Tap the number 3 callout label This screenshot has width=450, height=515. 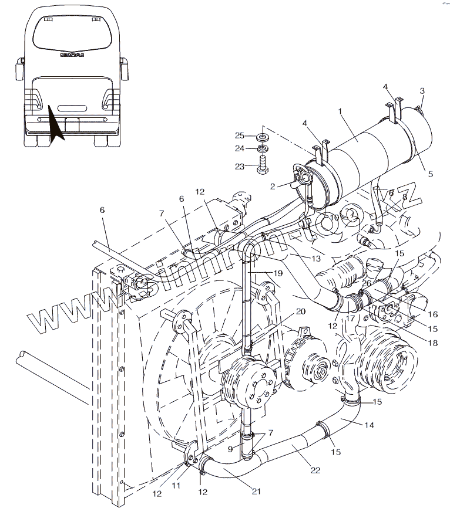coord(421,90)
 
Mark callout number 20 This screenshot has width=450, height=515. coord(300,311)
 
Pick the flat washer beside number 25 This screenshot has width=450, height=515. coord(263,137)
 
